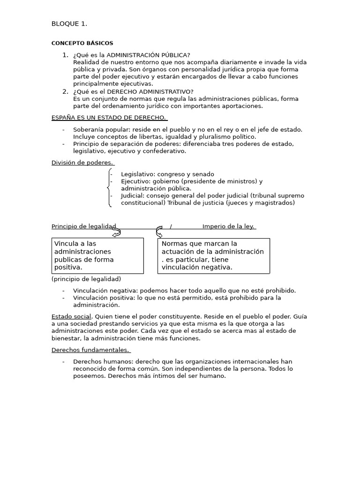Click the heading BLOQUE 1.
(69, 24)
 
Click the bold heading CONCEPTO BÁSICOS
(82, 43)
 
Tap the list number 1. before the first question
(65, 55)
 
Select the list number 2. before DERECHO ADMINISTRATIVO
(65, 91)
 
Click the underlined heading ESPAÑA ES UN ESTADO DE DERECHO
(109, 117)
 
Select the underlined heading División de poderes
(82, 163)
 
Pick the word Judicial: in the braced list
(132, 195)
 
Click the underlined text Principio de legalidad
(83, 226)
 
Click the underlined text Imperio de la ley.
(228, 226)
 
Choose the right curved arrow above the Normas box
(159, 232)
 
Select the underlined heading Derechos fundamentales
(90, 350)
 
